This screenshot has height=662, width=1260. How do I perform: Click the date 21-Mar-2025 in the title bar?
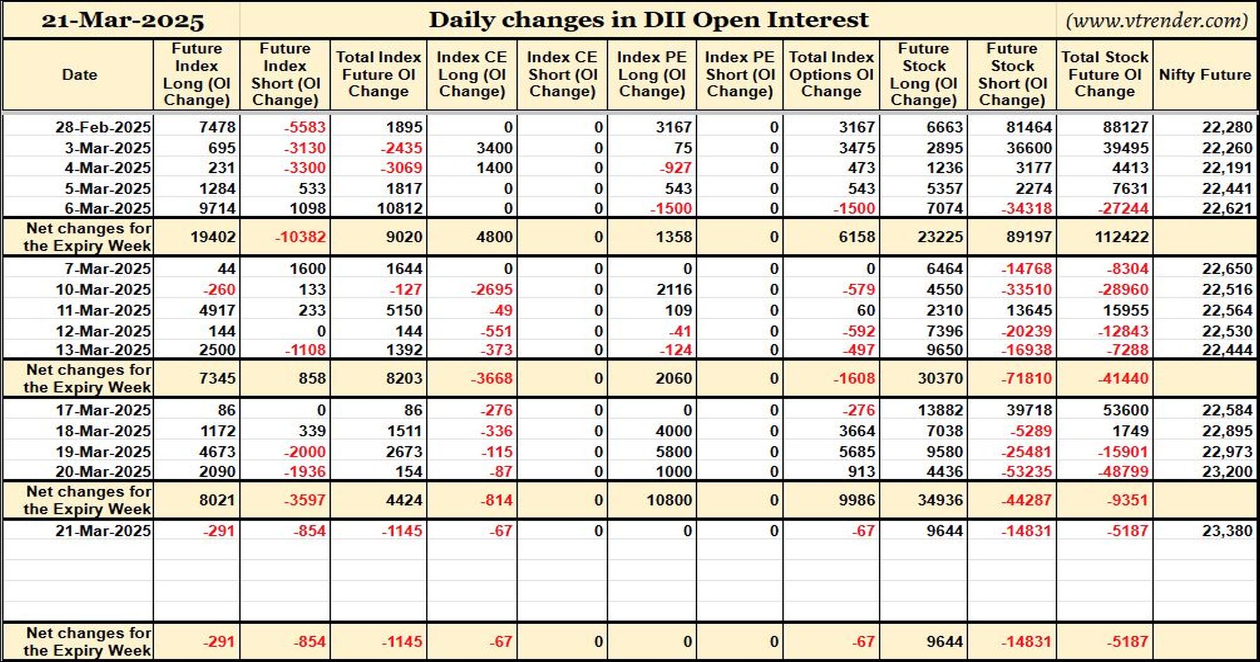(x=123, y=21)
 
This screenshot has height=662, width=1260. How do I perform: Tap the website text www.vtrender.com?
(x=1157, y=21)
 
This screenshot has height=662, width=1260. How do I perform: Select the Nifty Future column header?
(x=1205, y=74)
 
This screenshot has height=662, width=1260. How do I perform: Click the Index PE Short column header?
(x=740, y=74)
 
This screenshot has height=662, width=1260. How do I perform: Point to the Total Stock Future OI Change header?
(x=1104, y=74)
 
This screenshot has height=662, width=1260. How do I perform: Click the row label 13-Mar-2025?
(x=103, y=350)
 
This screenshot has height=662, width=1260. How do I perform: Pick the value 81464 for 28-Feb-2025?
(x=1029, y=127)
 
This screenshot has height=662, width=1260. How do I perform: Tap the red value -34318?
(x=1026, y=209)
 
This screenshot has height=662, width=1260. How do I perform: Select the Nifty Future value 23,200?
(x=1227, y=472)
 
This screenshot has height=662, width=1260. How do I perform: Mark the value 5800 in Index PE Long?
(x=673, y=452)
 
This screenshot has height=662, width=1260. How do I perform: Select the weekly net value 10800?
(x=669, y=501)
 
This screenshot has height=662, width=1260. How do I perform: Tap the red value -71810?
(x=1026, y=379)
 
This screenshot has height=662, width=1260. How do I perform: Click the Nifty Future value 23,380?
(x=1227, y=531)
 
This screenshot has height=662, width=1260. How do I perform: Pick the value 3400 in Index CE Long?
(x=494, y=148)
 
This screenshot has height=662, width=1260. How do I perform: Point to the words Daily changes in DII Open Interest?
(x=648, y=20)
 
